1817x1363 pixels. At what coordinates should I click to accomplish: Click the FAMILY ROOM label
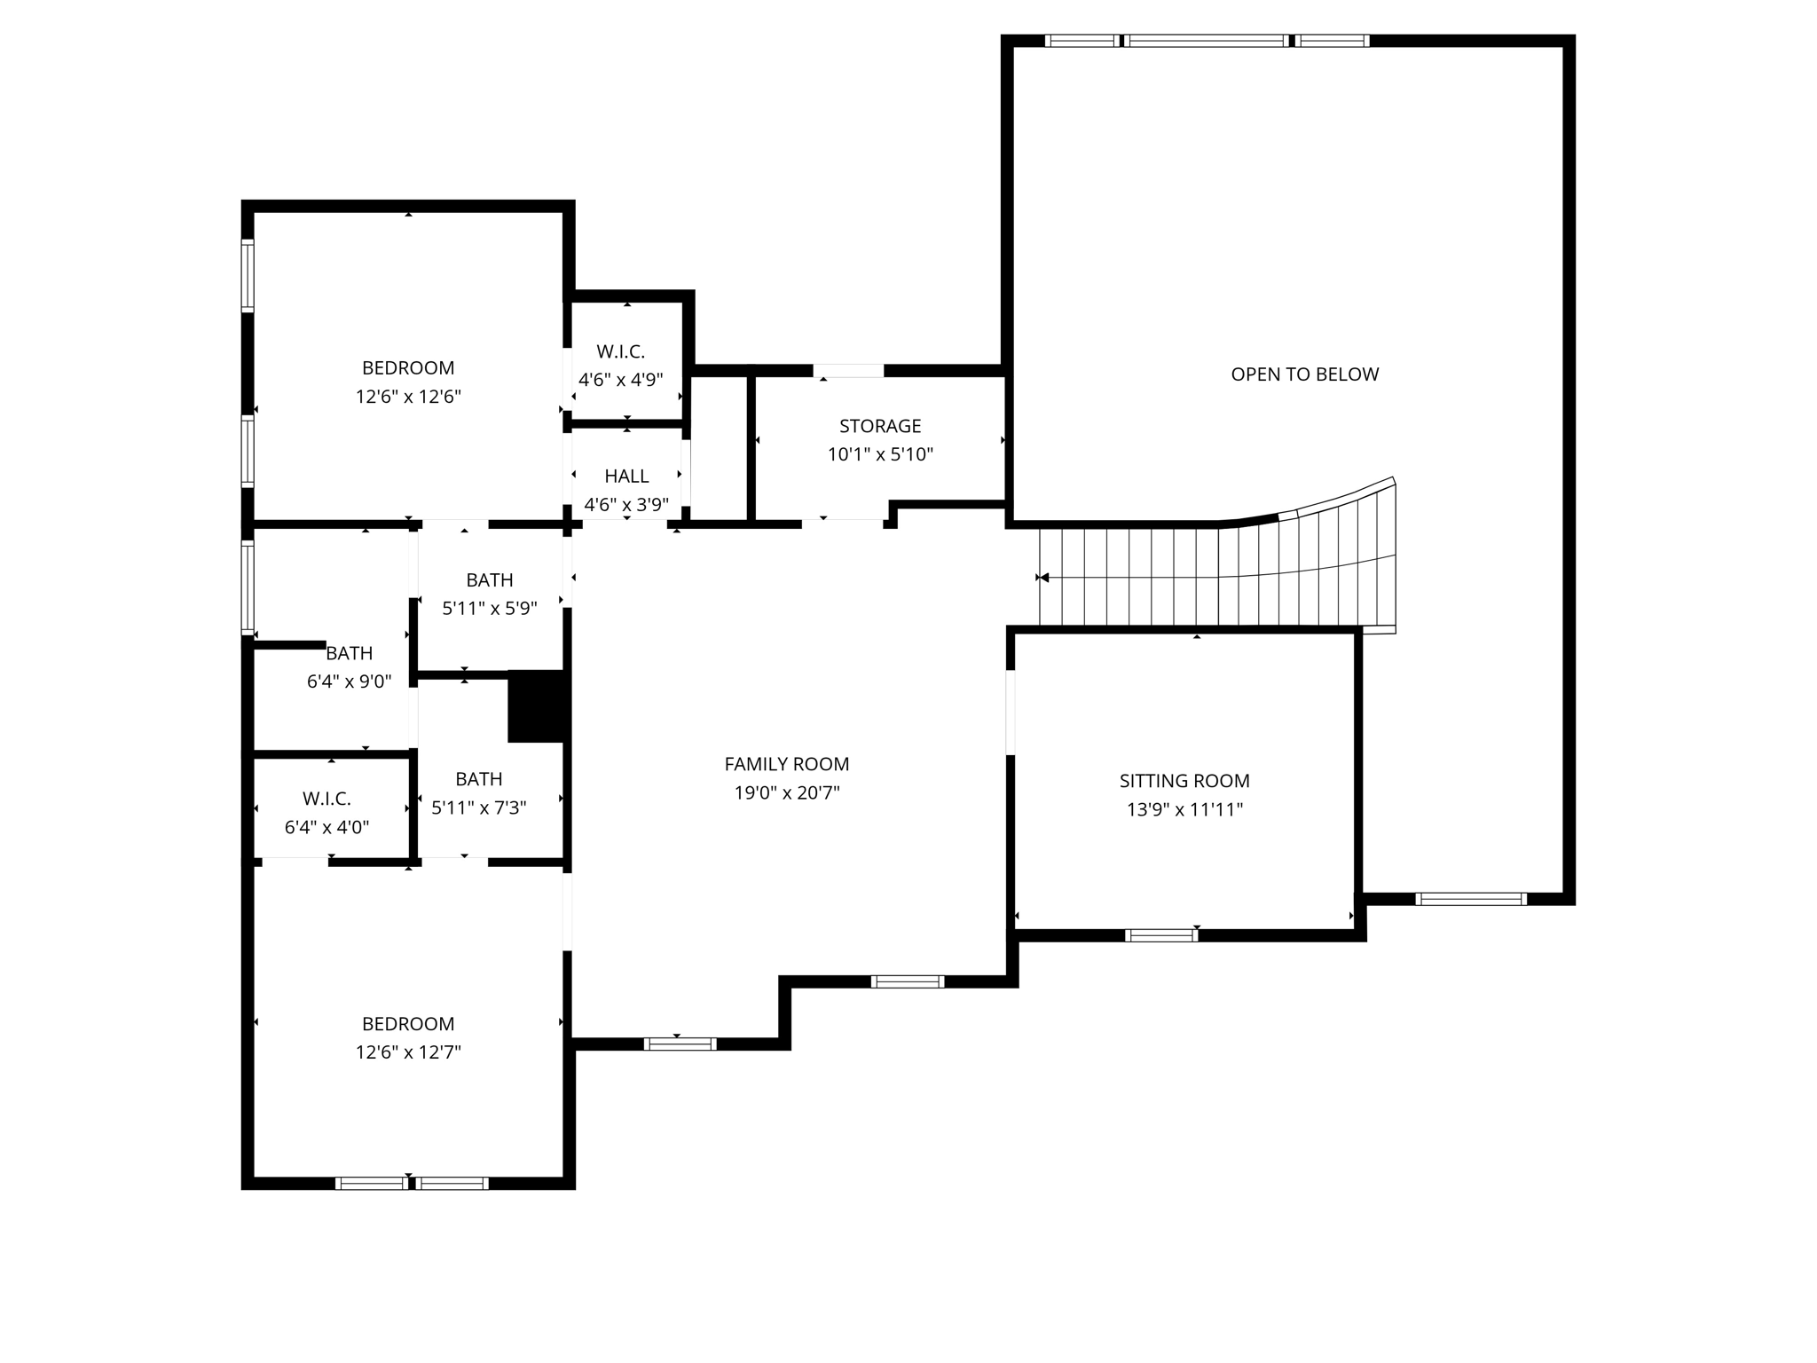click(x=786, y=764)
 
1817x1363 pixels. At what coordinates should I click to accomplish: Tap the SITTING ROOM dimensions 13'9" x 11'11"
click(x=1184, y=809)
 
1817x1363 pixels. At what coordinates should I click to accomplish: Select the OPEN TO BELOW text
click(x=1304, y=374)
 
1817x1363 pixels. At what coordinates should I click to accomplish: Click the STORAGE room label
click(x=880, y=426)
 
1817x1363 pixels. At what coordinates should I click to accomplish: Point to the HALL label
click(x=626, y=477)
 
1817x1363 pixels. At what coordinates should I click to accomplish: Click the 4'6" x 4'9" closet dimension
click(x=620, y=380)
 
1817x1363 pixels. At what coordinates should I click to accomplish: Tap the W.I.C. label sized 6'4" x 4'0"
click(x=326, y=799)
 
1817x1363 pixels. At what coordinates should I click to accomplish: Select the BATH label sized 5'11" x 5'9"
click(x=490, y=580)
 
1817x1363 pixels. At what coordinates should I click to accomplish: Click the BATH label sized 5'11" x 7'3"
click(x=479, y=779)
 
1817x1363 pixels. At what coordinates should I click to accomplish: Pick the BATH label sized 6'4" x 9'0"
click(x=349, y=653)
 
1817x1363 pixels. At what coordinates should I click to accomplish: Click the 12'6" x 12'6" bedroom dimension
click(x=408, y=397)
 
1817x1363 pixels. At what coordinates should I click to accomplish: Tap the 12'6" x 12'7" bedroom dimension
click(x=408, y=1052)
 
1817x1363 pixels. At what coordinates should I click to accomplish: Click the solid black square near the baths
click(x=537, y=706)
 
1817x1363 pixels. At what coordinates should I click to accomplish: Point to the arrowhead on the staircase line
click(x=1043, y=578)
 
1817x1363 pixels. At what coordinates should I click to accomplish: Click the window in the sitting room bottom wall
click(x=1160, y=935)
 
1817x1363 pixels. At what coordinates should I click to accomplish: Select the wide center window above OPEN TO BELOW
click(x=1206, y=41)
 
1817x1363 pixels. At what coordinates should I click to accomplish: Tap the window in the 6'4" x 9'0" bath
click(x=248, y=587)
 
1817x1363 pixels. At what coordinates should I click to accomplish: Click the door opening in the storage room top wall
click(x=848, y=371)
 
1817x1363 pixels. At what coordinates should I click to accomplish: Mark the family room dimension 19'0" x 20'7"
click(x=786, y=792)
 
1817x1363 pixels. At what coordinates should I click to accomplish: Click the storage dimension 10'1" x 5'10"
click(x=880, y=455)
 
